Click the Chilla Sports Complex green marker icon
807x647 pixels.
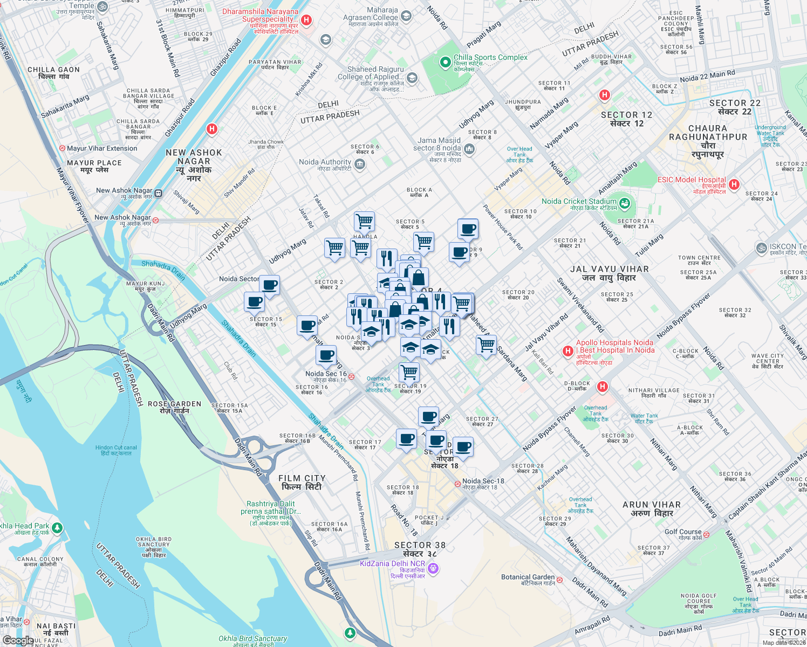tap(445, 63)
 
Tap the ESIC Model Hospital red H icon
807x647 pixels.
tap(734, 184)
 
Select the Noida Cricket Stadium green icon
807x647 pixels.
tap(625, 203)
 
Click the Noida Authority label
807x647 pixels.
tap(325, 162)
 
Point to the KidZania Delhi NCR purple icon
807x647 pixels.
tap(434, 568)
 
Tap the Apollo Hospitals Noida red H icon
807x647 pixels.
tap(567, 351)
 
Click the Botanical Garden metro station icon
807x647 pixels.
tap(559, 580)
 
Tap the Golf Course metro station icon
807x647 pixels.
tap(706, 534)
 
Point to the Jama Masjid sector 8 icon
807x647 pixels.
tap(469, 149)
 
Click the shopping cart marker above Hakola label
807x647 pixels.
tap(365, 221)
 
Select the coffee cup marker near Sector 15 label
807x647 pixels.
tap(254, 302)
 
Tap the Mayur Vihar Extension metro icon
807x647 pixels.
tap(63, 148)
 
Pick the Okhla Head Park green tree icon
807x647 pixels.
tap(57, 527)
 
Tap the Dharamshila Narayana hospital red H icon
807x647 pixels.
tap(306, 20)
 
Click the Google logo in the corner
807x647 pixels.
tap(18, 641)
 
